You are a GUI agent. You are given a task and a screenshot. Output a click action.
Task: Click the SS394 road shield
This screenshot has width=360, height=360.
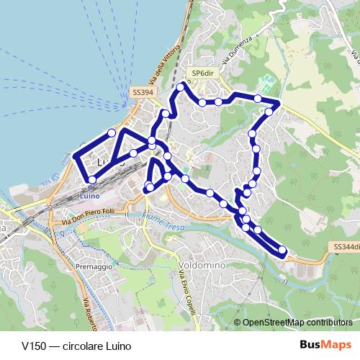tap(141, 93)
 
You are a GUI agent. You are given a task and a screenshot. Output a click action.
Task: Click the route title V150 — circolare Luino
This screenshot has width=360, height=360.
tap(66, 344)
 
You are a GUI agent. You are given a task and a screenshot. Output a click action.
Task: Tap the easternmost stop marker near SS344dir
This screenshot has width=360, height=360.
tap(282, 251)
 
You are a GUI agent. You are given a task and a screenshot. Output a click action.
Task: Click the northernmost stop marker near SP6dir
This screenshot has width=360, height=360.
tap(181, 87)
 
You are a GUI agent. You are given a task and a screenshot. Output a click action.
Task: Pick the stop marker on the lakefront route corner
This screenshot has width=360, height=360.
tap(112, 132)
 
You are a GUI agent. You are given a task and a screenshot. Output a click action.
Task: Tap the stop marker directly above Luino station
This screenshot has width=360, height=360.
tap(91, 179)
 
